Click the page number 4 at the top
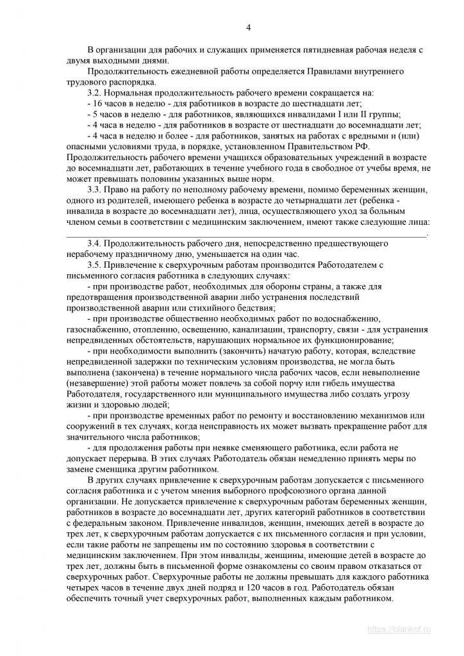pyautogui.click(x=249, y=27)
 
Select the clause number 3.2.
pyautogui.click(x=95, y=93)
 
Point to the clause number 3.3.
pyautogui.click(x=95, y=190)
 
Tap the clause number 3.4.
pyautogui.click(x=95, y=244)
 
